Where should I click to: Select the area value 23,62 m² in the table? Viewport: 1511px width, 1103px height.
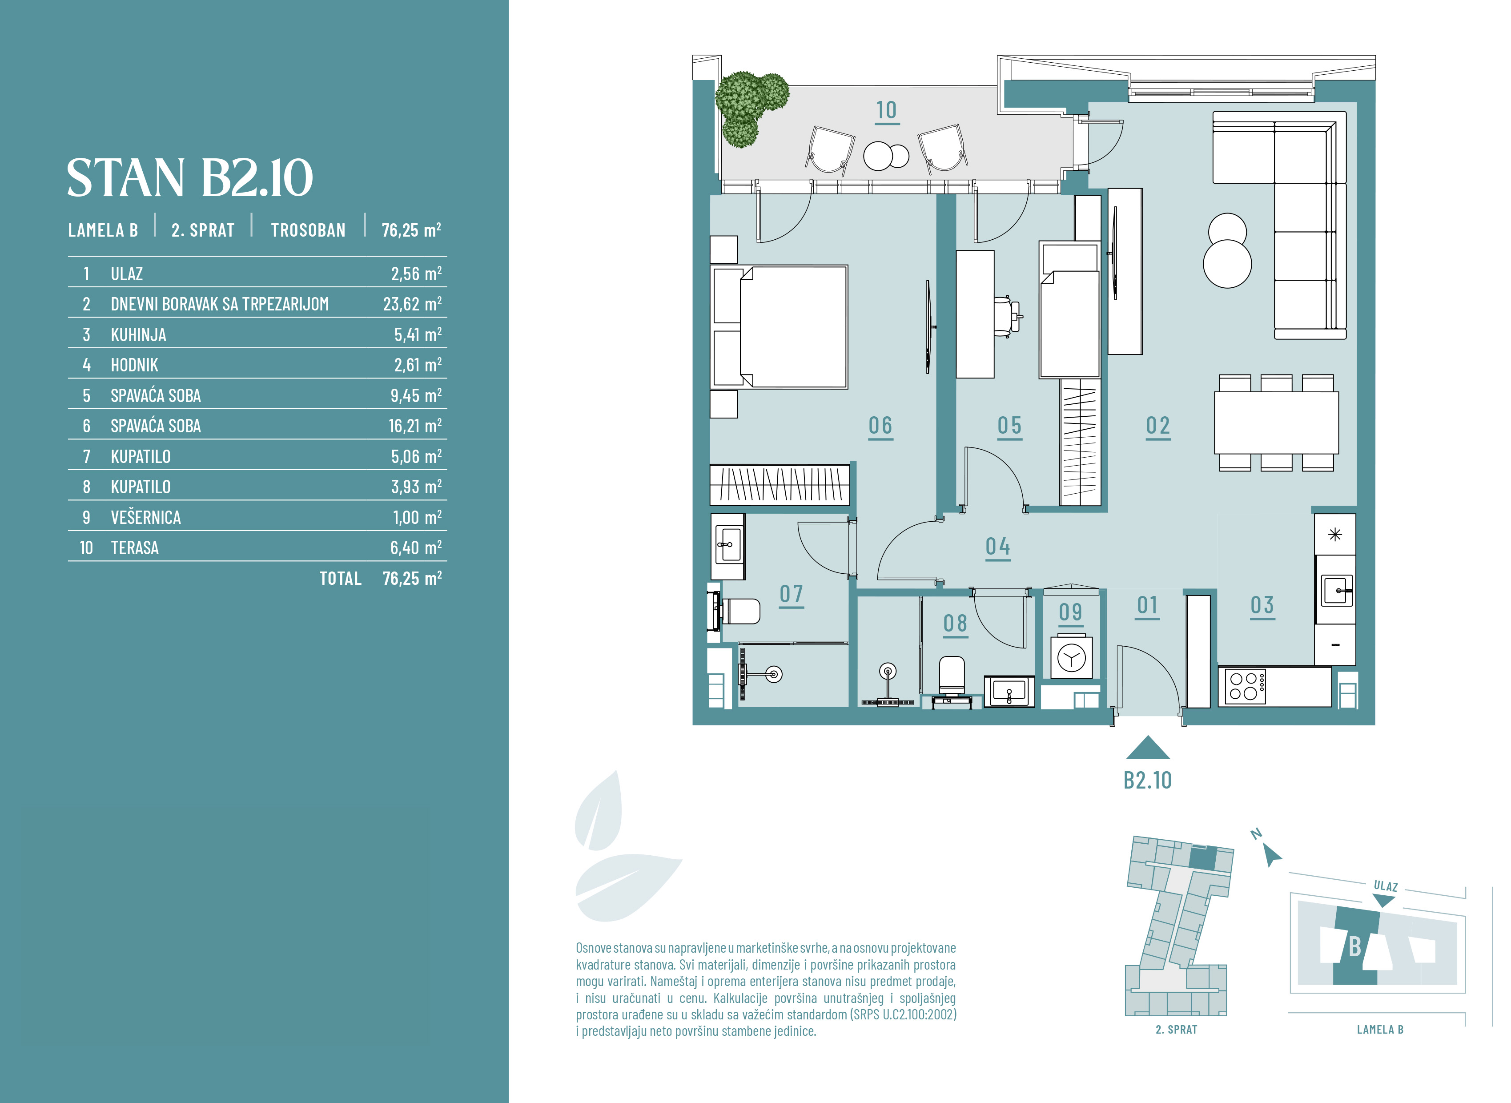click(412, 304)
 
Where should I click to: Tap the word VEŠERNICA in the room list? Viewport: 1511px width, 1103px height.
click(145, 517)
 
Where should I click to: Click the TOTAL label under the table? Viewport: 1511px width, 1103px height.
click(340, 578)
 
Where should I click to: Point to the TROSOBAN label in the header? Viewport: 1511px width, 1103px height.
click(308, 230)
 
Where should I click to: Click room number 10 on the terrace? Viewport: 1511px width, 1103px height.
click(886, 110)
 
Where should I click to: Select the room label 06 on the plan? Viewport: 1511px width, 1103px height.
click(880, 425)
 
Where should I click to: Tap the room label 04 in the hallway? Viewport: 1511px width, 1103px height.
click(998, 547)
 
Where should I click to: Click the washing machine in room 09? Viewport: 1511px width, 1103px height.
click(1071, 658)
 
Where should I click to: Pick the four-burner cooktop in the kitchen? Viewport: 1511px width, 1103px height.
click(1243, 686)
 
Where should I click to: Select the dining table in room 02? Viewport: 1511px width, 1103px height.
click(1276, 423)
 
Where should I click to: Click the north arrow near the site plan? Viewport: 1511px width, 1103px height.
click(1272, 855)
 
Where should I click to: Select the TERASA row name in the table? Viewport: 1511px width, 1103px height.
click(135, 548)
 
